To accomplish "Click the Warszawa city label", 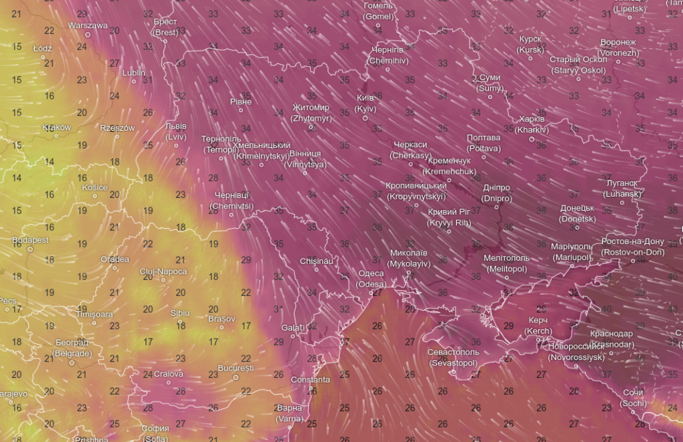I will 87,25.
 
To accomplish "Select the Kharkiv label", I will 532,123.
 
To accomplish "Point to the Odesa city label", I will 372,278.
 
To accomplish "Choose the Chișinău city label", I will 316,261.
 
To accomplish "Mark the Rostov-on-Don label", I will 632,247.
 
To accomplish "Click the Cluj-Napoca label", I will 163,271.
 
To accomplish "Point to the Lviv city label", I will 176,131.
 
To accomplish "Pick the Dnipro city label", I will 496,193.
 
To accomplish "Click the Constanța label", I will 310,379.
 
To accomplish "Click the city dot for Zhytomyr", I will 311,127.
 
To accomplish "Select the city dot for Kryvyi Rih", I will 449,231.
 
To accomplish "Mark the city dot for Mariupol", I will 572,266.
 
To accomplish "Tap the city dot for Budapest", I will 30,249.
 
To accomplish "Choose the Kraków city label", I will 57,127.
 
